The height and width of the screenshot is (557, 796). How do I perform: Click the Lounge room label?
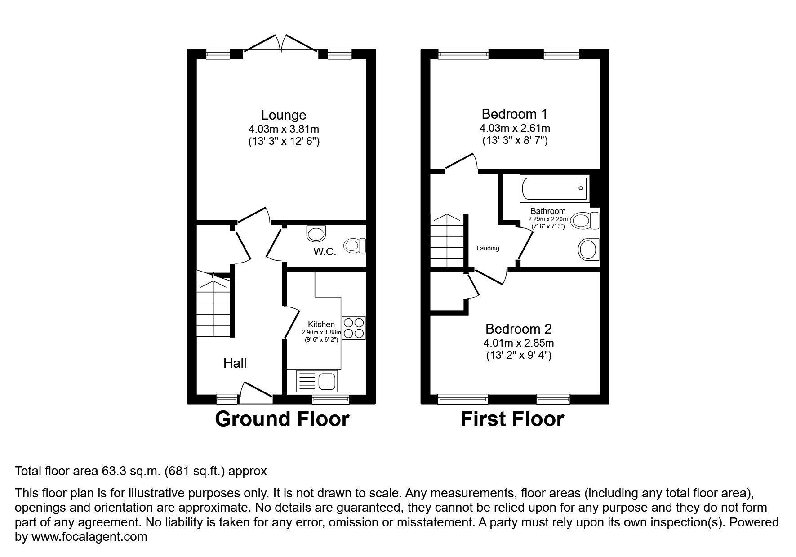tap(284, 116)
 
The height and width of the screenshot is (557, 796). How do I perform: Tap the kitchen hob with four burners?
tap(354, 328)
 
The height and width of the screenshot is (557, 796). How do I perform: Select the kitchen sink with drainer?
tap(316, 381)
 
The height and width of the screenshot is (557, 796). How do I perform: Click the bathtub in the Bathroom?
tap(554, 188)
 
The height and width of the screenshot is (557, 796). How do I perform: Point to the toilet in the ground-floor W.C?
tap(355, 245)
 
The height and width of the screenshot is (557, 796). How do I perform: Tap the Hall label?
tap(235, 363)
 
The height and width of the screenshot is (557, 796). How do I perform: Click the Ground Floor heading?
tap(282, 419)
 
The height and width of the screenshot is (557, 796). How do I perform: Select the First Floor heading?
tap(512, 419)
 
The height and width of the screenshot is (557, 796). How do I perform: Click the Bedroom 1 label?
tap(515, 114)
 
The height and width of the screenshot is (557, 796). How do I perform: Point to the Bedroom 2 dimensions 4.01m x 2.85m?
tap(518, 343)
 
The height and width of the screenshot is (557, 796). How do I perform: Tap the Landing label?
tap(488, 248)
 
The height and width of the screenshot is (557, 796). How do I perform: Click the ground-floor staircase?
tap(213, 305)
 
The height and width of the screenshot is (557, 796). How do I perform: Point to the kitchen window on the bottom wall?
tap(331, 399)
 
